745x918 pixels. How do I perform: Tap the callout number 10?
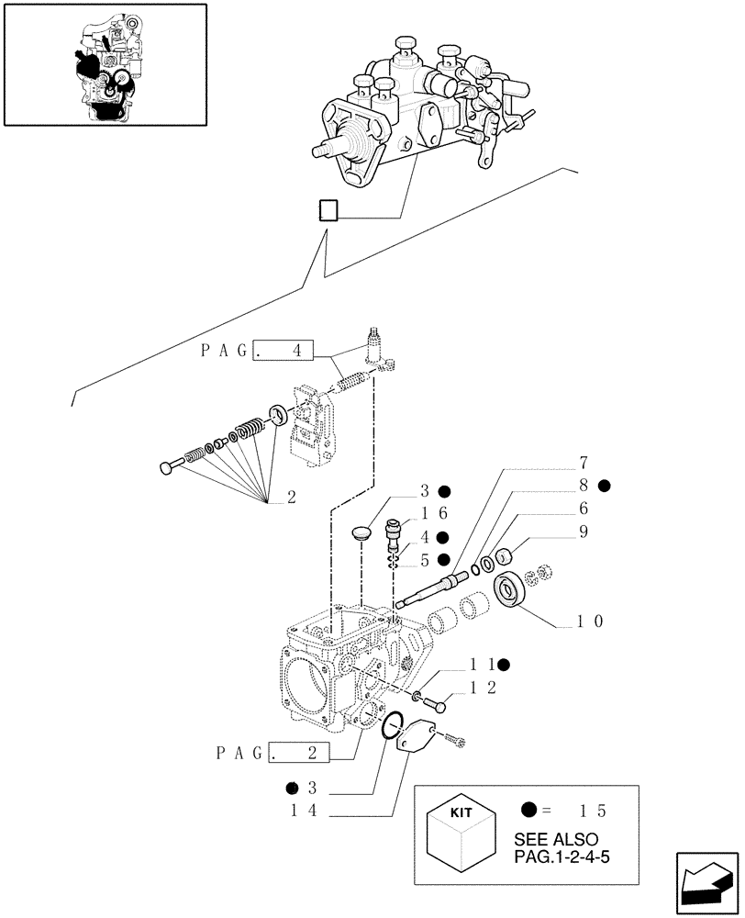(589, 621)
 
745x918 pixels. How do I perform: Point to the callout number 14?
(302, 811)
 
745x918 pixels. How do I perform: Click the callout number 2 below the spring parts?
(292, 498)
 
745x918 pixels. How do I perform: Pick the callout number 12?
(484, 687)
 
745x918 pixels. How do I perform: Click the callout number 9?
(582, 532)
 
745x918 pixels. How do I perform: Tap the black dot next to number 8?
(604, 485)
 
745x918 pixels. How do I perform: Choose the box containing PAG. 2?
(295, 755)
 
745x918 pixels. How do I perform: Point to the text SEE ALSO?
(556, 840)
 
